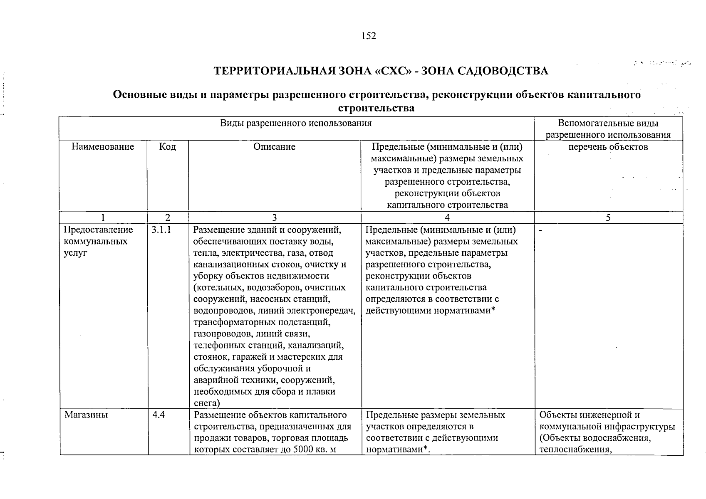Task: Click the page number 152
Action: point(369,36)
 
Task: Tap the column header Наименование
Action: point(103,147)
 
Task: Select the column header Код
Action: point(168,147)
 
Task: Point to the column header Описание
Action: point(274,147)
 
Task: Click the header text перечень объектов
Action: point(608,147)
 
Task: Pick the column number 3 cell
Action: point(274,217)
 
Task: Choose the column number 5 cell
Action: point(608,217)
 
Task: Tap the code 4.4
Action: point(159,415)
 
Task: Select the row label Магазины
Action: point(86,415)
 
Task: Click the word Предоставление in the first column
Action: point(98,230)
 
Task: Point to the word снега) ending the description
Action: point(207,403)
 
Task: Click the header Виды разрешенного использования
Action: point(296,124)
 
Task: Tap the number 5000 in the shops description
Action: point(304,450)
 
